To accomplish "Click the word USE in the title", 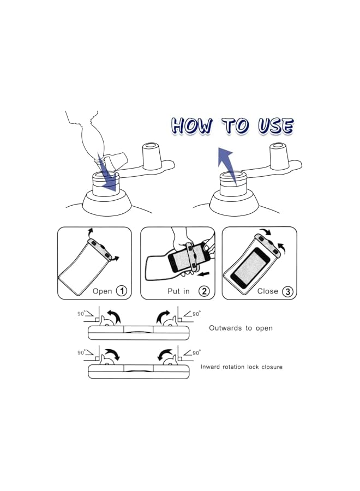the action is point(275,125).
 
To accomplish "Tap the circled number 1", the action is point(122,291).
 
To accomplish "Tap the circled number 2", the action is point(204,291).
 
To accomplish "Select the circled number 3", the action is point(287,291).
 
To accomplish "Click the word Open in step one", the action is point(102,291).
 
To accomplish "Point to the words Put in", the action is point(178,291).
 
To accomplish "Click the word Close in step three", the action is point(268,291).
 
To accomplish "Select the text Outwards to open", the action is point(241,328).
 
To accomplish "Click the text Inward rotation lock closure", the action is point(241,367).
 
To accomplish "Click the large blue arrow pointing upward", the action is point(227,165).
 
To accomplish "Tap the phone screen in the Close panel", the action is point(250,268).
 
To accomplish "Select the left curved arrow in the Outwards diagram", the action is point(114,316).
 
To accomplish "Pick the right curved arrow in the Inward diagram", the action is point(164,355).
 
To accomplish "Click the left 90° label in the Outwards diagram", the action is point(81,314).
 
